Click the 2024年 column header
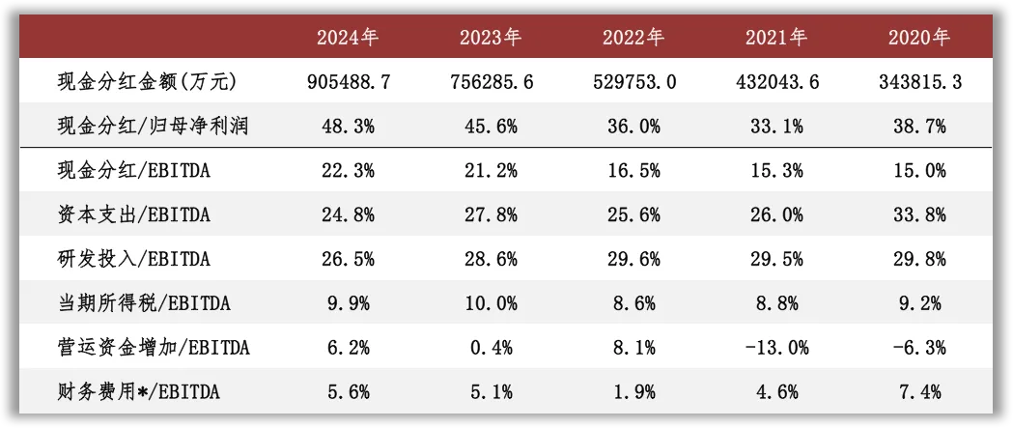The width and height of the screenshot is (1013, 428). click(x=348, y=38)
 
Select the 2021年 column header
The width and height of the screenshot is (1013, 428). click(x=775, y=38)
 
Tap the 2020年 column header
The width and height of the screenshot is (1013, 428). click(x=919, y=38)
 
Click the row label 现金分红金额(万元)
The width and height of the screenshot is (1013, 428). click(x=147, y=82)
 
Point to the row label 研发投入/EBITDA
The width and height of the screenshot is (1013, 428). click(x=133, y=259)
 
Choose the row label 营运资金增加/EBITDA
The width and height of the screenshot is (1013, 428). click(x=154, y=348)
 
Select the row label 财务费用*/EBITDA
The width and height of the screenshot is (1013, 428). click(x=139, y=392)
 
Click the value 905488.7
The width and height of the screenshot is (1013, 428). click(x=348, y=83)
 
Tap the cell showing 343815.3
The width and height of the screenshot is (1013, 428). click(x=919, y=83)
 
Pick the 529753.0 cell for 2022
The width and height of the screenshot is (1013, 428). click(x=633, y=83)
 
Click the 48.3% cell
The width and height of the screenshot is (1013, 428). click(x=348, y=127)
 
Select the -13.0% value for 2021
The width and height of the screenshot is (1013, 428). click(x=775, y=348)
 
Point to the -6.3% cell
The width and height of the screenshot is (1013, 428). click(x=919, y=348)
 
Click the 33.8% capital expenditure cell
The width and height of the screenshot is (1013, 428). click(x=919, y=214)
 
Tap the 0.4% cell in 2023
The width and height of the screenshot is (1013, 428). click(x=491, y=348)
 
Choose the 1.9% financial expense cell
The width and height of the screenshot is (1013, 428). click(x=633, y=392)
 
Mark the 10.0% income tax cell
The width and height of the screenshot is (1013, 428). click(x=491, y=303)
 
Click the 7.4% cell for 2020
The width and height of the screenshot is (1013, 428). click(x=919, y=392)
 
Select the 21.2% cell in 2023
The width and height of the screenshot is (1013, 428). click(x=491, y=171)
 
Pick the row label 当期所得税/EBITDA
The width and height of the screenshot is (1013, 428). click(x=144, y=303)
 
